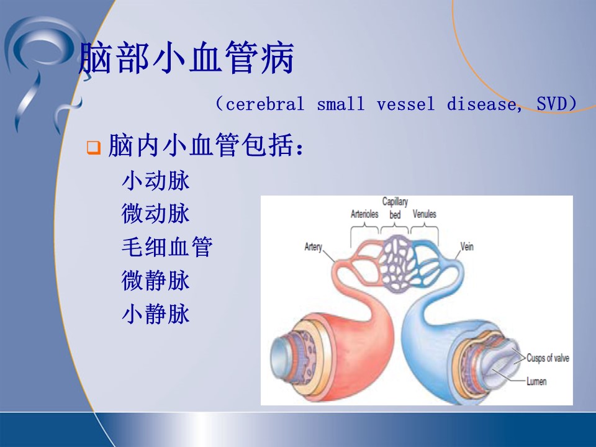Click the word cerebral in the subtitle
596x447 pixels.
tap(265, 104)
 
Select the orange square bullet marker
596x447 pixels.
tap(94, 147)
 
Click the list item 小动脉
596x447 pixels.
tap(155, 181)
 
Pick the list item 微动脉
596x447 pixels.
tap(155, 214)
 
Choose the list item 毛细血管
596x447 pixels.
tap(167, 247)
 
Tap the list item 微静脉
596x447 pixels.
tap(155, 281)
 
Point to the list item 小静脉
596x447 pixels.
tap(155, 314)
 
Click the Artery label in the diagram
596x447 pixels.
tap(313, 247)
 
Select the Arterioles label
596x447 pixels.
tap(364, 214)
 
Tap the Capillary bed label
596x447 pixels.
tap(395, 208)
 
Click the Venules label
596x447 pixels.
tap(425, 214)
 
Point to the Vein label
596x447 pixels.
tap(467, 246)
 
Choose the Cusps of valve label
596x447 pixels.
tap(548, 358)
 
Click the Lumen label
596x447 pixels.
tap(536, 381)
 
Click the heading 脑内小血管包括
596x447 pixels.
tap(206, 145)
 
